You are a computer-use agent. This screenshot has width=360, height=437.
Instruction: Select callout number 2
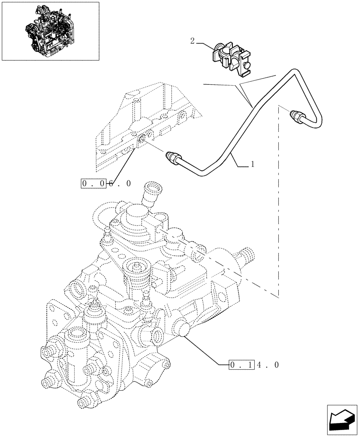click(192, 41)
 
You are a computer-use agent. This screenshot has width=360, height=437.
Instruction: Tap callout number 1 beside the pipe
click(252, 165)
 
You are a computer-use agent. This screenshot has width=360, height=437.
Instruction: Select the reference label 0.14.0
click(254, 364)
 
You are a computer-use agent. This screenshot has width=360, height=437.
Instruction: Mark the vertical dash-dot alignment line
click(278, 205)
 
